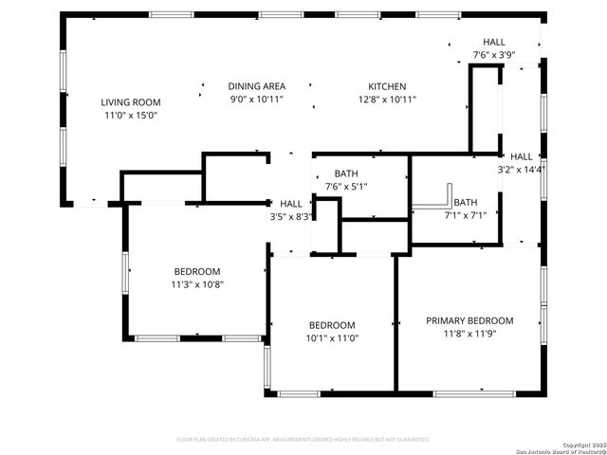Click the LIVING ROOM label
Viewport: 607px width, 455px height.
pyautogui.click(x=131, y=102)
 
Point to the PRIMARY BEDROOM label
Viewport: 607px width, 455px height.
pyautogui.click(x=469, y=320)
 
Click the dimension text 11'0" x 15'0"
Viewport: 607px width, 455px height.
pyautogui.click(x=131, y=115)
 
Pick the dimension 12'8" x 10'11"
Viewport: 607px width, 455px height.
pyautogui.click(x=387, y=99)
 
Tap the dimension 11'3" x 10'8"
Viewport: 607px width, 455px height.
pyautogui.click(x=197, y=283)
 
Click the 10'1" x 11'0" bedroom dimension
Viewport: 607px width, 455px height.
pyautogui.click(x=332, y=337)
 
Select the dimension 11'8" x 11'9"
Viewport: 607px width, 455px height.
pyautogui.click(x=469, y=333)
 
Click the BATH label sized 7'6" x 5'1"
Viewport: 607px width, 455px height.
pyautogui.click(x=345, y=173)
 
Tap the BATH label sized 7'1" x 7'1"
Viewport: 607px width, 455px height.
pyautogui.click(x=466, y=202)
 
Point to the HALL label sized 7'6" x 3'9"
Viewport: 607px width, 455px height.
pyautogui.click(x=494, y=43)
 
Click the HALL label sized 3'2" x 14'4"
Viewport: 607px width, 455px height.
pyautogui.click(x=522, y=156)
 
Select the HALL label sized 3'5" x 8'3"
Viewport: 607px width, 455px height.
pyautogui.click(x=291, y=204)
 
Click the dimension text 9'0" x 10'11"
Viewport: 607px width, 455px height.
pyautogui.click(x=256, y=99)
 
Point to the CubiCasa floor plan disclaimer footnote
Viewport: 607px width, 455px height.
pyautogui.click(x=303, y=440)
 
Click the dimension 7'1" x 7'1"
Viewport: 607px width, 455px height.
pyautogui.click(x=466, y=215)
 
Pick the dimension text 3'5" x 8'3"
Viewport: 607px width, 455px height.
pyautogui.click(x=291, y=216)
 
